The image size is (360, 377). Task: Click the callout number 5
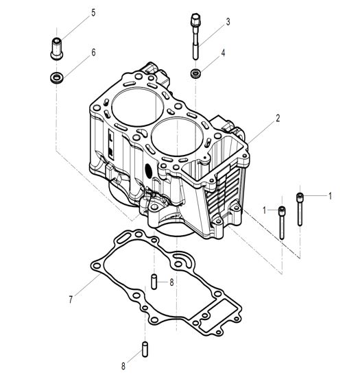click(x=93, y=13)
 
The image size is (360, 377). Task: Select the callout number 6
click(x=93, y=52)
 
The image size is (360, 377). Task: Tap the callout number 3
click(x=228, y=22)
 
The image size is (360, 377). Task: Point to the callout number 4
click(x=223, y=53)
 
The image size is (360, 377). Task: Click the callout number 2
click(x=278, y=118)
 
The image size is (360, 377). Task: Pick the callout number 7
click(x=71, y=300)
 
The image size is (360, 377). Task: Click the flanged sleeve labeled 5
click(x=56, y=48)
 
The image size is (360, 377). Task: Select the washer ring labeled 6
click(x=57, y=77)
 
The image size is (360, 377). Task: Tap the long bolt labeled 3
click(x=195, y=36)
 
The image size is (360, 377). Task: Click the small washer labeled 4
click(x=195, y=73)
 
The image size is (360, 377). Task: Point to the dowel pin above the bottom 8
click(x=145, y=349)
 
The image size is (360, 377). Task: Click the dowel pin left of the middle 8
click(x=154, y=281)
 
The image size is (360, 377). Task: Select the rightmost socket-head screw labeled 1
click(x=300, y=209)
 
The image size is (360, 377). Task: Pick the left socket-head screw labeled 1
click(x=282, y=223)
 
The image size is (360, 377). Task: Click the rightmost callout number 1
click(x=331, y=196)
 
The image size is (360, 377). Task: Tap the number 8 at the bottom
click(x=123, y=366)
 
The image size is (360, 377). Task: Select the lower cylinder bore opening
click(x=177, y=136)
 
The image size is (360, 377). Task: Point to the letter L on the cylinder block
click(x=110, y=138)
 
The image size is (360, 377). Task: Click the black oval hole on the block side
click(x=149, y=171)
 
